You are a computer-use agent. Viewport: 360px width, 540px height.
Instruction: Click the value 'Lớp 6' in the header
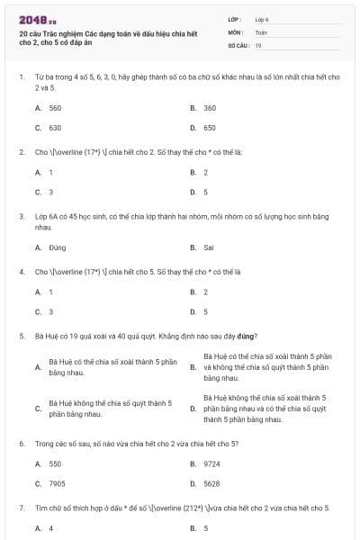click(x=262, y=18)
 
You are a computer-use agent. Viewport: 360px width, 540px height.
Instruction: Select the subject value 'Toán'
click(x=261, y=31)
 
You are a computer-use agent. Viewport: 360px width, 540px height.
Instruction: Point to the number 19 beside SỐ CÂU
click(x=258, y=45)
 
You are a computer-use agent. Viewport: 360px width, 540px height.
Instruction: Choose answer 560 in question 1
click(x=55, y=108)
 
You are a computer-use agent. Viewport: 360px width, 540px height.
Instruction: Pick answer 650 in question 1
click(x=210, y=128)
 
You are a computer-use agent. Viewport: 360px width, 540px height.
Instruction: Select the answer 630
click(x=55, y=128)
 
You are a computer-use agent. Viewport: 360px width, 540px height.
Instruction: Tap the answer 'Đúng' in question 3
click(x=58, y=247)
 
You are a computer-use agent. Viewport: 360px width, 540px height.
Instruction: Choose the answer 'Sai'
click(x=209, y=247)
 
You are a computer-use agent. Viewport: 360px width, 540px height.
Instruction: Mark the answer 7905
click(x=57, y=483)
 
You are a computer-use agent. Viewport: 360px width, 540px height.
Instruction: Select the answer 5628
click(x=211, y=483)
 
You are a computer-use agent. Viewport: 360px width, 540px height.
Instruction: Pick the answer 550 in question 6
click(x=55, y=463)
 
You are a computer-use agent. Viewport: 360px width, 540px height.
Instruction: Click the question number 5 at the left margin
click(x=21, y=336)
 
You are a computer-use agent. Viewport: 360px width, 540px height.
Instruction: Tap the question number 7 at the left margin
click(x=21, y=508)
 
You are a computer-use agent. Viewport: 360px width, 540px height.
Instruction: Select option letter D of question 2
click(x=193, y=192)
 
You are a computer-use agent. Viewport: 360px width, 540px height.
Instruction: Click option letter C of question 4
click(x=38, y=311)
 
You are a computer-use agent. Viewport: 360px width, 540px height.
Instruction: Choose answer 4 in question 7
click(x=50, y=528)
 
